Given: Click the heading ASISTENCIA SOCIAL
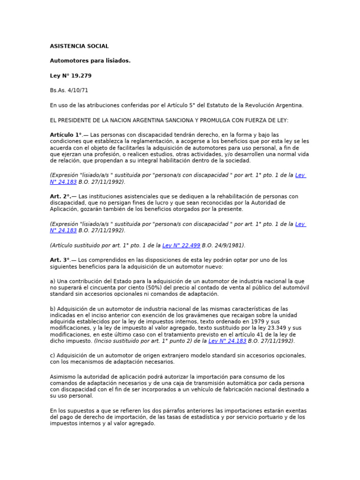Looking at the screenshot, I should tap(79, 46).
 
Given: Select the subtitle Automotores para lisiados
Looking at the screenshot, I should tap(90, 60).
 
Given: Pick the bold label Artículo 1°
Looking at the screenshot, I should tap(66, 135).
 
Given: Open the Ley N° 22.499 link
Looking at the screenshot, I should tap(181, 245).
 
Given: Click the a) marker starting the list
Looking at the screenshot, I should tap(53, 281).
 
